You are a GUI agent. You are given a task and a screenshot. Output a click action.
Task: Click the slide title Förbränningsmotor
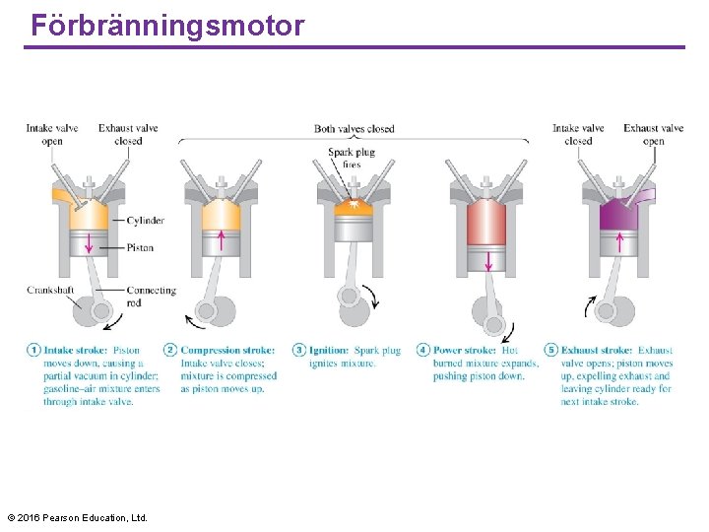[x=167, y=26]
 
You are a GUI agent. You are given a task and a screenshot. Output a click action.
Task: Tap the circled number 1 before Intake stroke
[x=34, y=350]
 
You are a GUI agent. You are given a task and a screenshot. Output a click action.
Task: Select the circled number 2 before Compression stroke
[x=170, y=350]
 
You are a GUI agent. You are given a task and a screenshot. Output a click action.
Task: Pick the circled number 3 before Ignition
[x=299, y=350]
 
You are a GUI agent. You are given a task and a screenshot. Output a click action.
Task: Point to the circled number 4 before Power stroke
[x=423, y=350]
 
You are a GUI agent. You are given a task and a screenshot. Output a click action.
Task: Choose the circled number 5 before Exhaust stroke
[x=551, y=350]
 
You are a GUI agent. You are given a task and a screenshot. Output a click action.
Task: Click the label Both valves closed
[x=354, y=129]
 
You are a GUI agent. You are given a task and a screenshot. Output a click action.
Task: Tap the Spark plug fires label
[x=352, y=158]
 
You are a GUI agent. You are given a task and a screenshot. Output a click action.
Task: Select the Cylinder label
[x=145, y=221]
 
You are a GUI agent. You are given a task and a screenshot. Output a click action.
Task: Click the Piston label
[x=140, y=247]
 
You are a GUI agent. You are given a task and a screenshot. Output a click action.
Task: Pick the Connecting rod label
[x=151, y=296]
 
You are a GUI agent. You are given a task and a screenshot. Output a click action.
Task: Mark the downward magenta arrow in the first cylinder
[x=89, y=242]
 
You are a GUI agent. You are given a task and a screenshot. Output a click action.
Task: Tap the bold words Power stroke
[x=465, y=350]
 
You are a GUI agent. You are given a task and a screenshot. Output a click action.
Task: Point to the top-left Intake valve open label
[x=53, y=134]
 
